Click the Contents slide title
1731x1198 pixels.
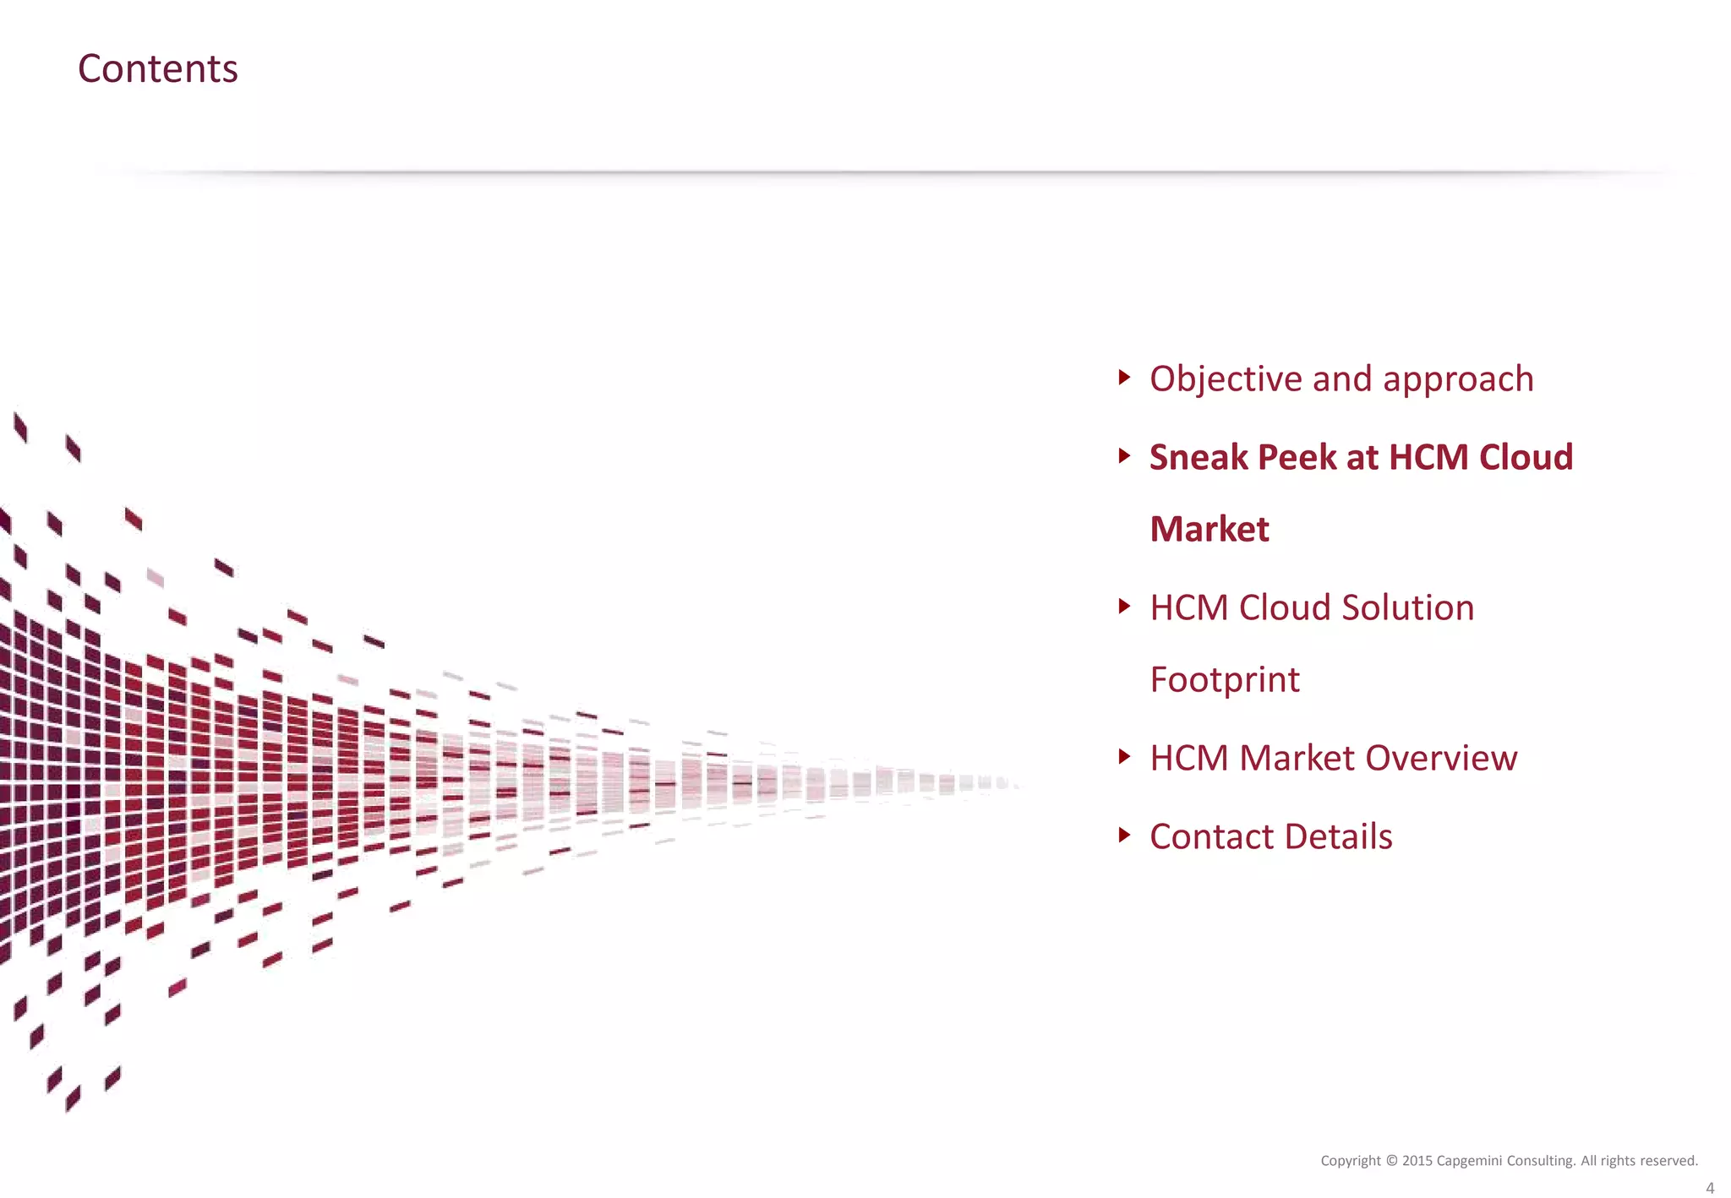click(x=157, y=68)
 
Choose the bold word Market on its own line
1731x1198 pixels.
click(x=1209, y=529)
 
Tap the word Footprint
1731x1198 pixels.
click(x=1224, y=679)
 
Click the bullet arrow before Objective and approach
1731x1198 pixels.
click(x=1123, y=377)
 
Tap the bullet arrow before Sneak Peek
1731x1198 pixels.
click(x=1123, y=456)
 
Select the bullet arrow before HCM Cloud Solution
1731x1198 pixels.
click(x=1123, y=606)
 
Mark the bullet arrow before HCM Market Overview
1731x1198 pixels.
click(x=1123, y=756)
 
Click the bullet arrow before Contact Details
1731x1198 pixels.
click(x=1123, y=835)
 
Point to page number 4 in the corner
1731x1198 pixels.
click(x=1710, y=1188)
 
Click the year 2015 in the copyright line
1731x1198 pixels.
click(x=1417, y=1161)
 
